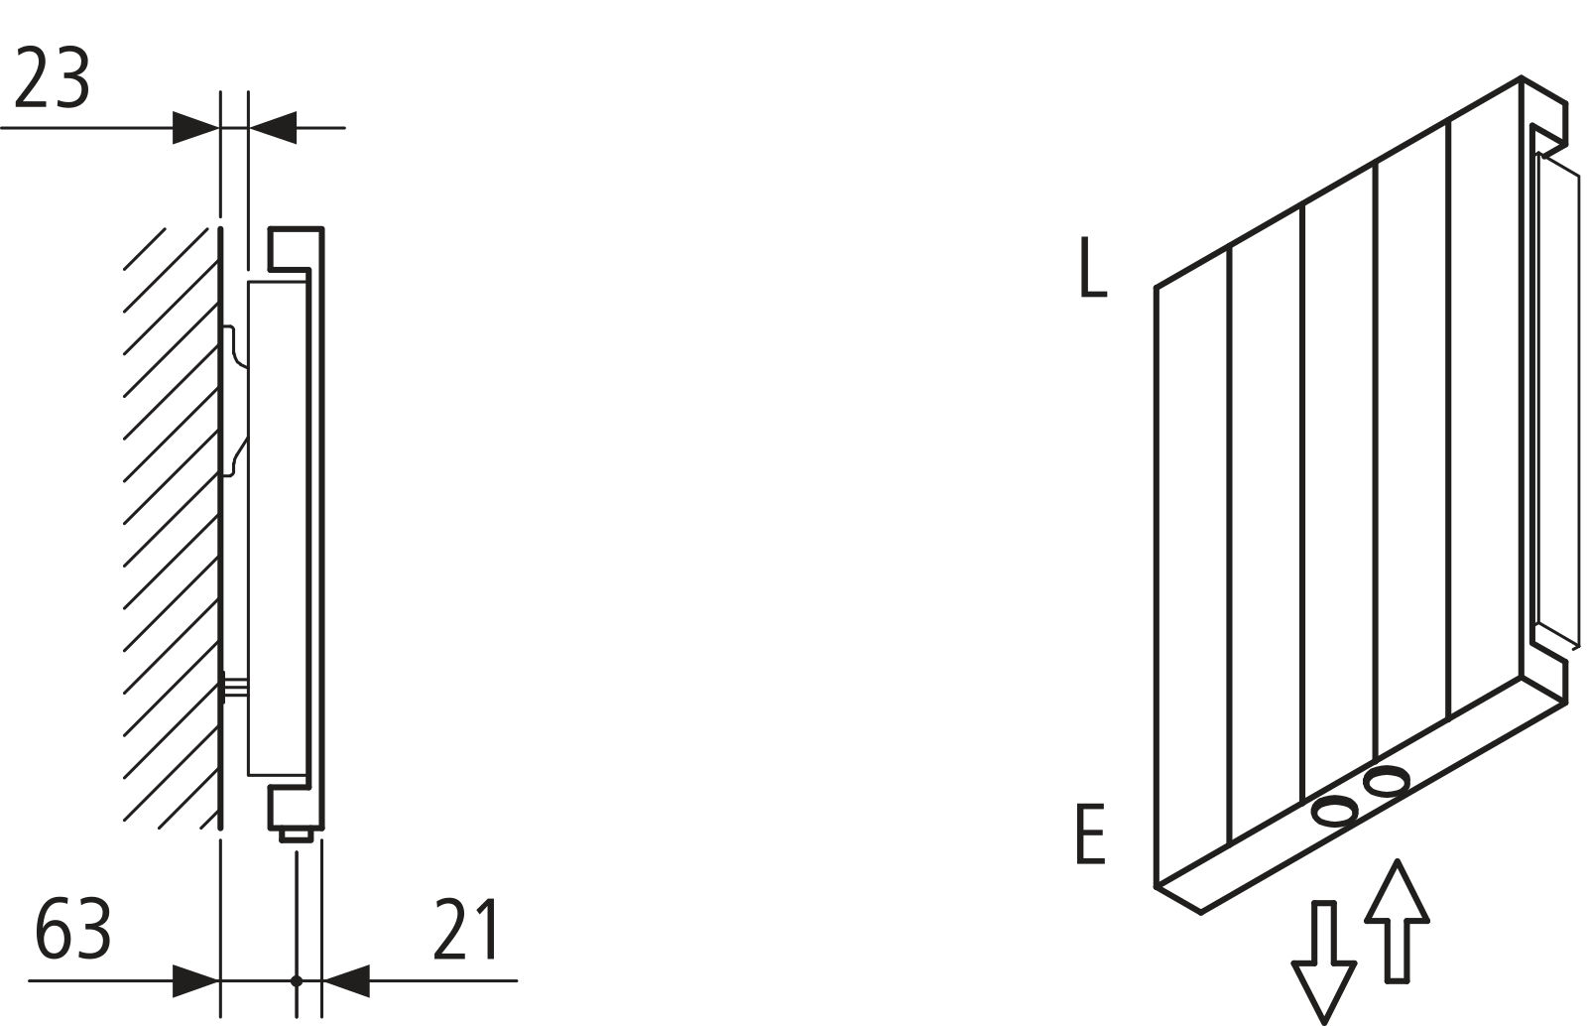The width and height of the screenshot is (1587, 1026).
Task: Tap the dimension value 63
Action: (x=72, y=930)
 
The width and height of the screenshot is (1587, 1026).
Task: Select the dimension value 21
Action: (x=466, y=930)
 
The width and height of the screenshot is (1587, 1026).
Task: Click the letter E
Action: (x=1090, y=835)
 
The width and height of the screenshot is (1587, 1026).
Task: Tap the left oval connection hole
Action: (x=1335, y=813)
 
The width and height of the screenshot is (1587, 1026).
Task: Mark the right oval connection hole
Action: (x=1386, y=782)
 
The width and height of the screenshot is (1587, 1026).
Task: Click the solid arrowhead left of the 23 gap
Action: (x=195, y=127)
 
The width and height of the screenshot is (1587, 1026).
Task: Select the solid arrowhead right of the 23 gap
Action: (x=273, y=127)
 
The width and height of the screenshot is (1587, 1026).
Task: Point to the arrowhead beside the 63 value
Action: (x=195, y=980)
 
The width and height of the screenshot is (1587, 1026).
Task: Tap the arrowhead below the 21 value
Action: (x=346, y=980)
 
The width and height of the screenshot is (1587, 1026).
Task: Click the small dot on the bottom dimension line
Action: (x=296, y=980)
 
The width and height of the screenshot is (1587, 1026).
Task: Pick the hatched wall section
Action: (x=171, y=526)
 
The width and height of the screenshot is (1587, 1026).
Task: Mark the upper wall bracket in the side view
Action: (x=236, y=402)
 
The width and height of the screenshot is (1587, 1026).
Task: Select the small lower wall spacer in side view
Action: (x=234, y=686)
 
